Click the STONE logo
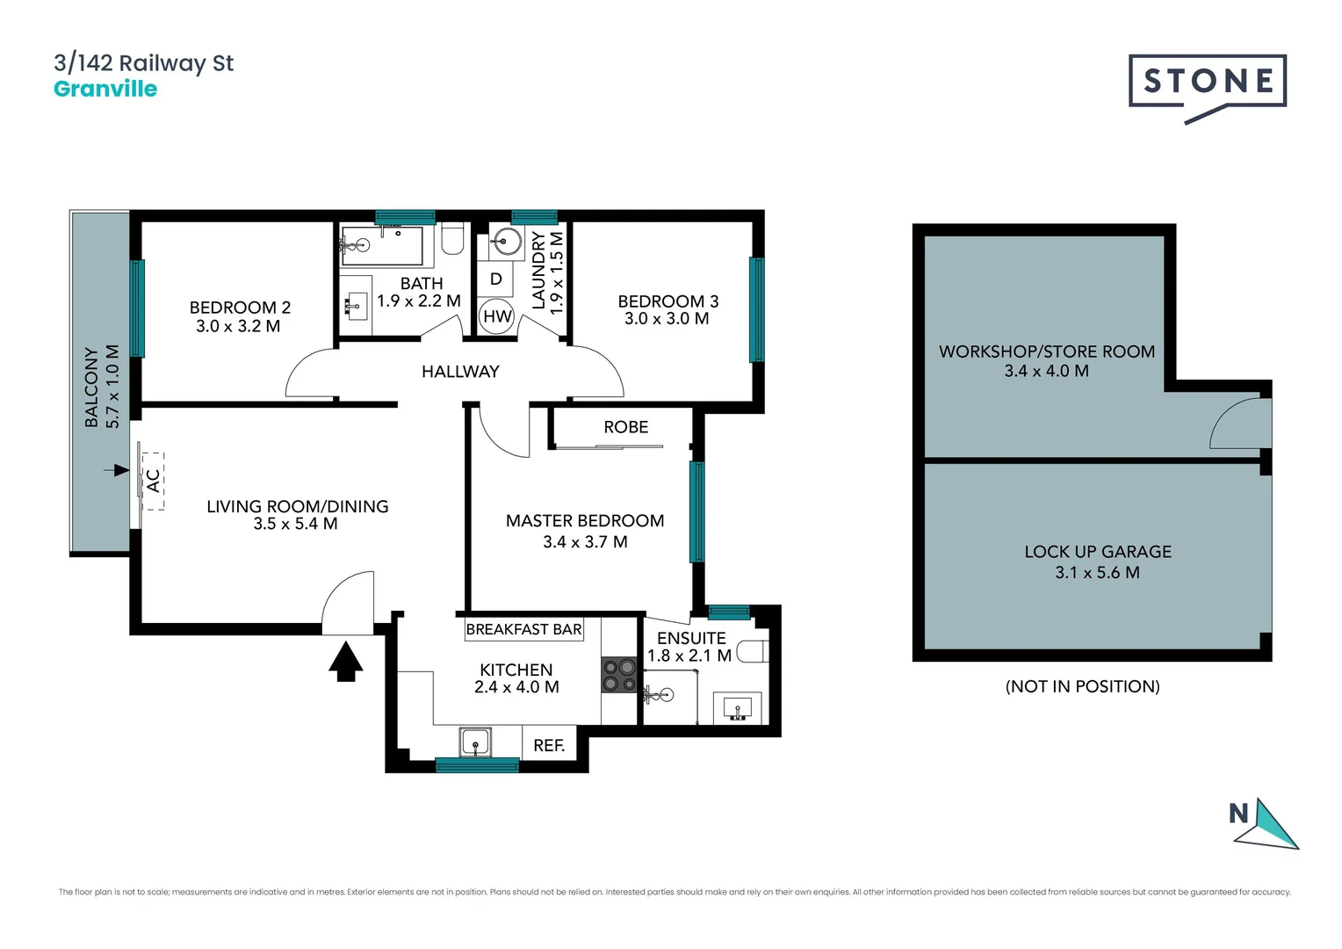coord(1208,83)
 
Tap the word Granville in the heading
coord(105,89)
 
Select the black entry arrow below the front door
coord(346,661)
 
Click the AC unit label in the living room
coord(153,481)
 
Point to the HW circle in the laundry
coord(497,316)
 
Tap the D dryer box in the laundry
coord(496,279)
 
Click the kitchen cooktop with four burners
coord(619,675)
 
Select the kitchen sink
coord(475,742)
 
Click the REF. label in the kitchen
coord(549,745)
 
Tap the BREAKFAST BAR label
coord(523,629)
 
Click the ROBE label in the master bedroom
coord(625,427)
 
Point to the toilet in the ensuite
coord(752,651)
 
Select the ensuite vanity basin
coord(737,707)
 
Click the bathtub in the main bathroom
coord(383,245)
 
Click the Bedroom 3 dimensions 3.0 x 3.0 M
coord(667,319)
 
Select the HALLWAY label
coord(460,372)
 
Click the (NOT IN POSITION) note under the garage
coord(1082,686)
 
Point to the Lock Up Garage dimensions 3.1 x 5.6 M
coord(1097,573)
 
